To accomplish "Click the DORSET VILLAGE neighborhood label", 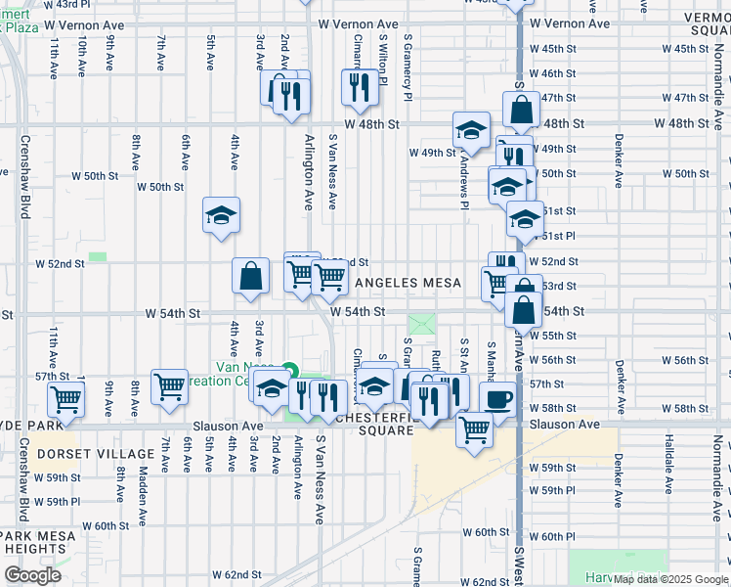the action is (95, 454).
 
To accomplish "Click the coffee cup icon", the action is (497, 400).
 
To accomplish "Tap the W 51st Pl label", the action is (559, 236).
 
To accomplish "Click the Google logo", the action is (33, 575).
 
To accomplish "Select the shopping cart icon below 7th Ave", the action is (169, 385).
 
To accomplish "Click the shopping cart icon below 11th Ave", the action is (66, 397).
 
